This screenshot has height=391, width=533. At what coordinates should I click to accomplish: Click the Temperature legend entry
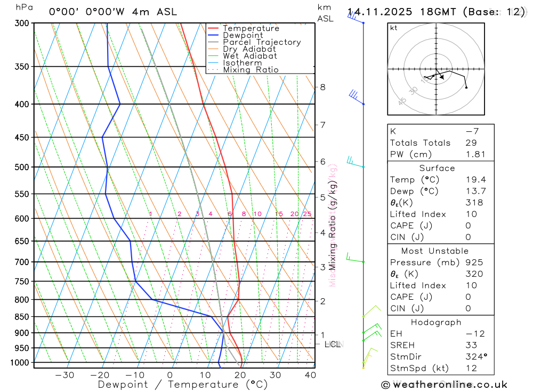(251, 28)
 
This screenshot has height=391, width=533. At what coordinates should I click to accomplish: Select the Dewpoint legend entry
(243, 35)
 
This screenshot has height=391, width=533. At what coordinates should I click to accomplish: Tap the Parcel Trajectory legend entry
(262, 42)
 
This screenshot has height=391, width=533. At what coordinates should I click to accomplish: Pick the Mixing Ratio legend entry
(251, 70)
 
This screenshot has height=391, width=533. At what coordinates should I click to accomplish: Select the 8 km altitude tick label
(322, 87)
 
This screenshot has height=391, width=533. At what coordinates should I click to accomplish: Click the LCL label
(333, 344)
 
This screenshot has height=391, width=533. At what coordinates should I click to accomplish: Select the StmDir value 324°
(476, 357)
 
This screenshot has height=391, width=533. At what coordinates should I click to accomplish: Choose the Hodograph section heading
(437, 322)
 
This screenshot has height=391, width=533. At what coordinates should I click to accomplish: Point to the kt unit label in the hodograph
(394, 28)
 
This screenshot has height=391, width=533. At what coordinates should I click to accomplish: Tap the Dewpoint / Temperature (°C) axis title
(182, 384)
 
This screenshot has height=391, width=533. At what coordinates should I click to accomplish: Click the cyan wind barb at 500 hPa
(354, 161)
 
